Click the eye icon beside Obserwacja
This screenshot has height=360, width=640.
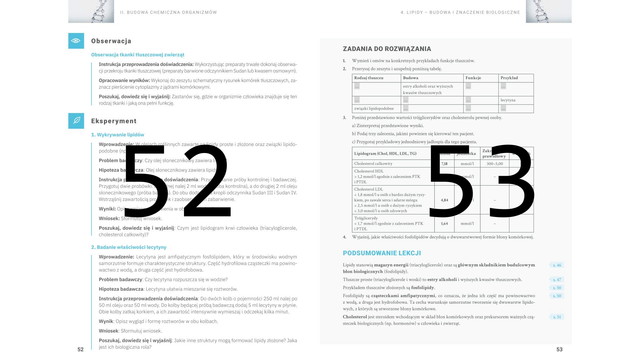tap(76, 41)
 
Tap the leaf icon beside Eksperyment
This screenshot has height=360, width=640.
tap(76, 121)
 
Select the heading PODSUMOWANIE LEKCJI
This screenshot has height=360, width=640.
tap(382, 253)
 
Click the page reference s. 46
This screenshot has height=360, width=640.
tap(557, 265)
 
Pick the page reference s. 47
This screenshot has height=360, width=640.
tap(557, 280)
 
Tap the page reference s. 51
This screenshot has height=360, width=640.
tap(557, 317)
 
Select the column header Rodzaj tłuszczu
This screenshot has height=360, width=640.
tap(369, 78)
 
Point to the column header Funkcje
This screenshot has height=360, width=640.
tap(473, 78)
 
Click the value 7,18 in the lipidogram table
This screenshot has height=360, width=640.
tap(444, 164)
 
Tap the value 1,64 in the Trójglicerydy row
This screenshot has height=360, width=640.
tap(444, 224)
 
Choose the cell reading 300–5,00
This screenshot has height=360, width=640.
tap(494, 164)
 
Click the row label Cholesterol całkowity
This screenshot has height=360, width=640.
tap(373, 164)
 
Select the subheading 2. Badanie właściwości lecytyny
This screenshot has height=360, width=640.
tap(129, 247)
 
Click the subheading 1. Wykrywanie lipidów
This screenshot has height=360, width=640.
tap(118, 135)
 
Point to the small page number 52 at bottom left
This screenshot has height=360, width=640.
tap(80, 349)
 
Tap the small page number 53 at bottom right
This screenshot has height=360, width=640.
tap(559, 349)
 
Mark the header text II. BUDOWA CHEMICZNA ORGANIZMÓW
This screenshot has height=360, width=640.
tap(168, 13)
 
